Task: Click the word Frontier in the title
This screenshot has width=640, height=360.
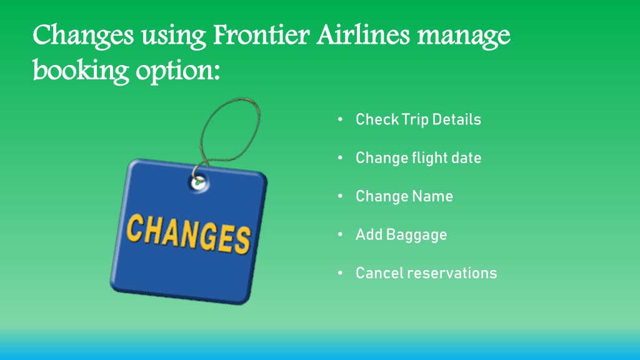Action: [x=261, y=34]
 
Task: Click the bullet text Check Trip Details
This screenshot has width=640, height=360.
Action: [x=418, y=119]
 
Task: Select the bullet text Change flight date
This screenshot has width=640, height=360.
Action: [x=418, y=158]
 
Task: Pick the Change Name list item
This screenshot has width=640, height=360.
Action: [x=404, y=196]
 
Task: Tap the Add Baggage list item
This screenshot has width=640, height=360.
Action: [x=401, y=235]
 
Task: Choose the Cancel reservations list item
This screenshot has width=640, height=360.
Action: [x=426, y=273]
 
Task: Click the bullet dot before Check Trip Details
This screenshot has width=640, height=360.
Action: [x=341, y=119]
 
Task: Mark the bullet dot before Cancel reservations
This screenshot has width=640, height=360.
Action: [x=341, y=272]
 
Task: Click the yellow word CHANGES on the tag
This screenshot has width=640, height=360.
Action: [x=188, y=234]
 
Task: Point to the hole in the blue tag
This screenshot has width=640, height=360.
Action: [x=199, y=182]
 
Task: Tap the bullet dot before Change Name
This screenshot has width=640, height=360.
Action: [x=341, y=196]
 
